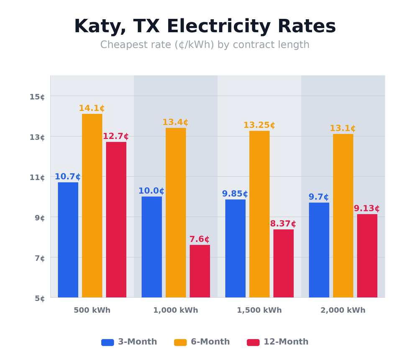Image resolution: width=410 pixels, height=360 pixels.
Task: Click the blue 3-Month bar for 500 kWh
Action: coord(68,240)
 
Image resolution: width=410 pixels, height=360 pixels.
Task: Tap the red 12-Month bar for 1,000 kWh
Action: coord(200,271)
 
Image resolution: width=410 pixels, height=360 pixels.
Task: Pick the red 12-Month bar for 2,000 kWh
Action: coord(367,256)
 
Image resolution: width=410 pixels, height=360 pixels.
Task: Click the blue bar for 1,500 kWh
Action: coord(235,248)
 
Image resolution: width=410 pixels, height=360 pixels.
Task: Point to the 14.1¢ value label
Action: coord(92,108)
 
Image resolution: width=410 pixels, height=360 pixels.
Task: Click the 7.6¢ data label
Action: coord(199,239)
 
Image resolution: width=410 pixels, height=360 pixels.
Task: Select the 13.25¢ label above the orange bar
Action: coord(259,125)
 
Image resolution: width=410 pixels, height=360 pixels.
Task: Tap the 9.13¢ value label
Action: coord(366,208)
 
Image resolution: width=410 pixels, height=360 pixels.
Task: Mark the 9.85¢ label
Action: coord(235,194)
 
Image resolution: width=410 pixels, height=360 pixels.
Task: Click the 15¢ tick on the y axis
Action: coord(37,97)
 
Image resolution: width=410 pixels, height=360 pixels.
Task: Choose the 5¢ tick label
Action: coord(40,298)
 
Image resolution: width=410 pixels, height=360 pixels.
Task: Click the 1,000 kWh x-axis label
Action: coord(175,311)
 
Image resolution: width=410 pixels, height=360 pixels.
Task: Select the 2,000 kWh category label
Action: coord(343,311)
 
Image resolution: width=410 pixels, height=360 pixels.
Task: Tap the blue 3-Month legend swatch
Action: coord(108,342)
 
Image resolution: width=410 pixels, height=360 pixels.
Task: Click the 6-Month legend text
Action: coord(210,342)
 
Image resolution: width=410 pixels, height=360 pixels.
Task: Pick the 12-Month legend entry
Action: coord(286,342)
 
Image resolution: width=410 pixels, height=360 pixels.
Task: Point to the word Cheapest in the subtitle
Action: coord(121,45)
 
